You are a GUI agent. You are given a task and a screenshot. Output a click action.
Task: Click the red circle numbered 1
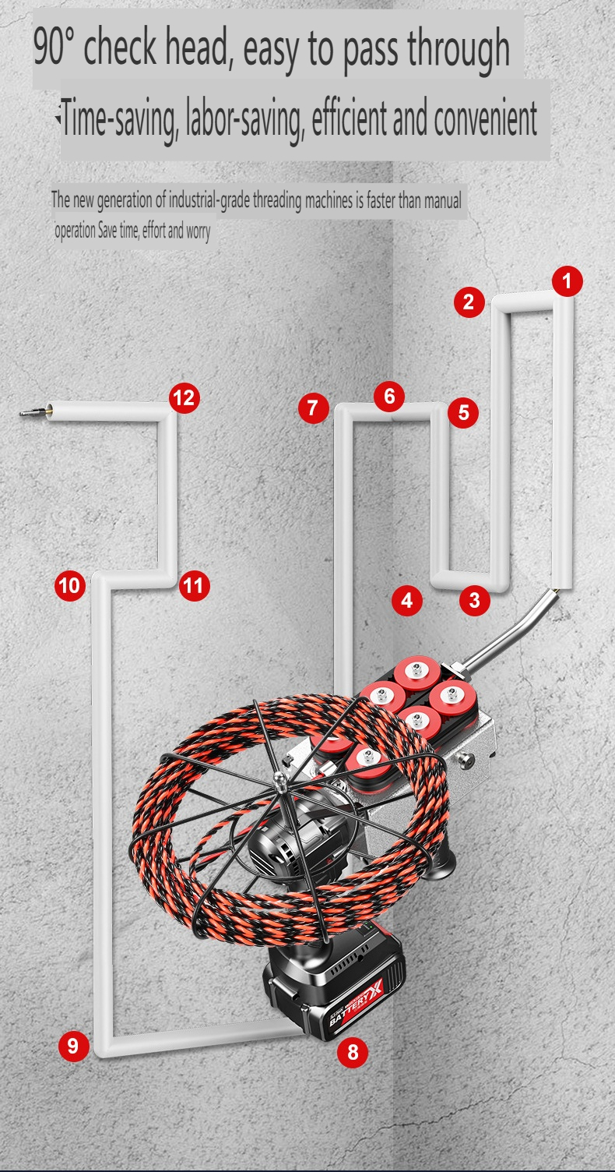click(x=568, y=281)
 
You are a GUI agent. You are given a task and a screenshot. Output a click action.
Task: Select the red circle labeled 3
click(x=475, y=600)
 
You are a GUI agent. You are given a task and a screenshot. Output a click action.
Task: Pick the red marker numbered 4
click(x=406, y=600)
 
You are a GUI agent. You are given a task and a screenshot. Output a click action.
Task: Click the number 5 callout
click(x=464, y=412)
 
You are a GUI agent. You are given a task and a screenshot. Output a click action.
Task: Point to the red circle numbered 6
click(x=389, y=397)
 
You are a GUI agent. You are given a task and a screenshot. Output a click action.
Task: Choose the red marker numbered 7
click(x=313, y=408)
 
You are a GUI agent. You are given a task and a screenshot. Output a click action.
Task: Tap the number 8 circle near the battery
click(x=353, y=1053)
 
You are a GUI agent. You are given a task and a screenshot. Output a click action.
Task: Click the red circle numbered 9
click(x=73, y=1045)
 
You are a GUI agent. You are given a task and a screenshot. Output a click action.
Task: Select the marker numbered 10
click(x=70, y=585)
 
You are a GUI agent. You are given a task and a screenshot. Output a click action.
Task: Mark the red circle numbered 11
click(x=195, y=585)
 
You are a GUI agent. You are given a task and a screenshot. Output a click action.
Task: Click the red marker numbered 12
click(x=184, y=399)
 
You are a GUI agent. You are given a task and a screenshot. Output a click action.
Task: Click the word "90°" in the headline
click(x=53, y=48)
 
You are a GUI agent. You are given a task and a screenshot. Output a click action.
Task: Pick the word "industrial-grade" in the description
click(x=199, y=199)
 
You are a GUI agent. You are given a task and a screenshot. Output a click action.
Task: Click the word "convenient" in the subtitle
click(x=485, y=119)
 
